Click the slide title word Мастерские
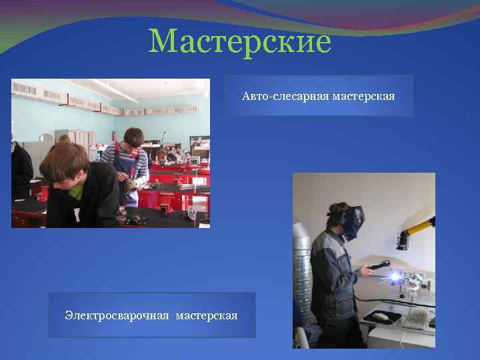[240, 41]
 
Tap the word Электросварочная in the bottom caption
[117, 314]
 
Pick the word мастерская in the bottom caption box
[207, 314]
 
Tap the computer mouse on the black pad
[381, 315]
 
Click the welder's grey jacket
[329, 273]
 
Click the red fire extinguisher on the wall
[114, 136]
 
